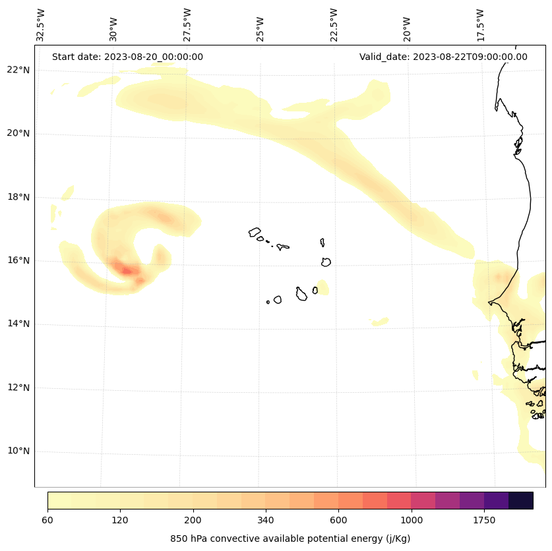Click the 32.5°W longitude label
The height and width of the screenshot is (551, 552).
tap(41, 25)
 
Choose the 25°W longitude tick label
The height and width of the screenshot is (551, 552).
tap(261, 25)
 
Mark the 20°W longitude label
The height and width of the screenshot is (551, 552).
tap(407, 25)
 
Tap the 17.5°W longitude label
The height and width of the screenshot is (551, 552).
tap(480, 25)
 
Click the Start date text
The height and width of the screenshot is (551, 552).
tap(127, 57)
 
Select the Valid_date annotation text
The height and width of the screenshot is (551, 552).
tap(443, 57)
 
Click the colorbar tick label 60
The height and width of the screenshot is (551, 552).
tap(47, 520)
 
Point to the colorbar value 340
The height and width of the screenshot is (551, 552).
tap(266, 520)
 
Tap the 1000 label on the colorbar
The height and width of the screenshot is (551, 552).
tap(412, 520)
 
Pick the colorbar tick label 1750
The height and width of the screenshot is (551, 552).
tap(484, 520)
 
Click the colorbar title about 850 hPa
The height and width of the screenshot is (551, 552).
tap(290, 538)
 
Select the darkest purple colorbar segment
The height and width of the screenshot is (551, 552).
tap(521, 500)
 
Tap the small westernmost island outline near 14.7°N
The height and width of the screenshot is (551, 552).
tap(268, 302)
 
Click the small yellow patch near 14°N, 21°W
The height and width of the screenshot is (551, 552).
tap(379, 322)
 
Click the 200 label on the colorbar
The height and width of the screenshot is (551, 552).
tap(193, 520)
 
